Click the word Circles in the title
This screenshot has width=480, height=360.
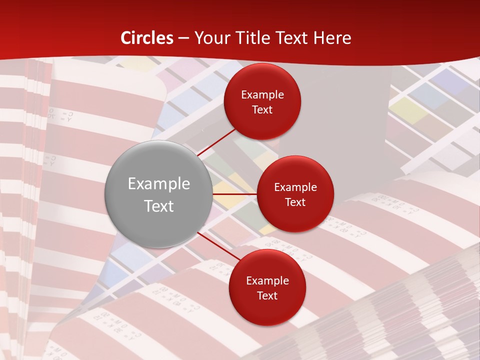pyautogui.click(x=147, y=38)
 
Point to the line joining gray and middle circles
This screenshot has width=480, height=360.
pyautogui.click(x=234, y=194)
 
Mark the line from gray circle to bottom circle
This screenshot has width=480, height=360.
pyautogui.click(x=218, y=246)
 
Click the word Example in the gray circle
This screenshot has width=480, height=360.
pyautogui.click(x=159, y=184)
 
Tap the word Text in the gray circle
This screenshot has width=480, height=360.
pyautogui.click(x=159, y=206)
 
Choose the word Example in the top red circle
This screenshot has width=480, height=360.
pyautogui.click(x=262, y=95)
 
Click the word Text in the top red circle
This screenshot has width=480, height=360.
pyautogui.click(x=262, y=110)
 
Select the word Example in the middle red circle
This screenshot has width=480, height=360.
pyautogui.click(x=295, y=187)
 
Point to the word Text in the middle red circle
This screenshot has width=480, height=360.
pyautogui.click(x=295, y=202)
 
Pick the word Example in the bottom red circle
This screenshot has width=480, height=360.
pyautogui.click(x=267, y=281)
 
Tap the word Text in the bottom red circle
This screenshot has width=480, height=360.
pyautogui.click(x=267, y=295)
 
